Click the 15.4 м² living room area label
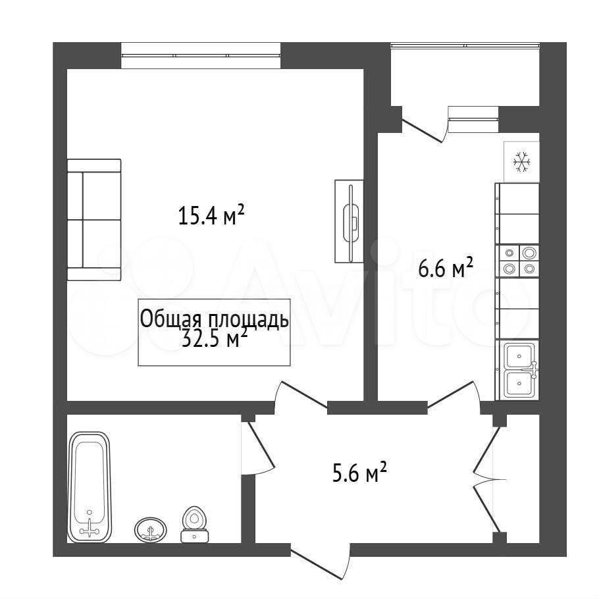point(211,215)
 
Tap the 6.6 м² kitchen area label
point(446,267)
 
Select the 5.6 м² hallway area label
point(359,473)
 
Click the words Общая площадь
point(214,319)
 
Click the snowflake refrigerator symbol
point(521,161)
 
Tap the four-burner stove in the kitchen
point(517,261)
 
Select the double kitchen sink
point(519,370)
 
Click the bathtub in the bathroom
point(89,488)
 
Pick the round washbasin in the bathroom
point(151,529)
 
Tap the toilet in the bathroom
point(195,525)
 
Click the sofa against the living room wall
point(94,220)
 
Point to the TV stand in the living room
point(349,221)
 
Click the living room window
point(201,55)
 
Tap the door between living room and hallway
point(301,398)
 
